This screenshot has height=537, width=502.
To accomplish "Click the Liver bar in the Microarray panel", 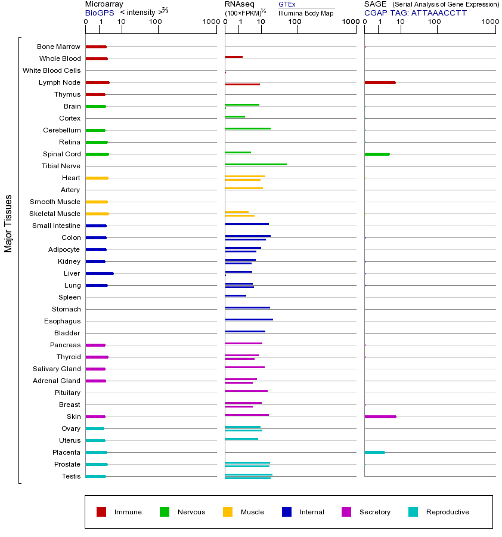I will click(x=100, y=273).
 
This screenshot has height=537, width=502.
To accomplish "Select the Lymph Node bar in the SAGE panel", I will click(x=380, y=82).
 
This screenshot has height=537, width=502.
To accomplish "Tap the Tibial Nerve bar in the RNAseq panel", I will click(x=256, y=164).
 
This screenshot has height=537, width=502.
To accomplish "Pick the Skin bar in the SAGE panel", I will click(x=380, y=416).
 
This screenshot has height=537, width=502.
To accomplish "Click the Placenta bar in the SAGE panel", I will click(x=374, y=452).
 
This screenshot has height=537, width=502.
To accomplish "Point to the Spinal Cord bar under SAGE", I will click(x=377, y=154).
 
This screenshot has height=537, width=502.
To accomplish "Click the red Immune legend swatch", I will click(x=101, y=512).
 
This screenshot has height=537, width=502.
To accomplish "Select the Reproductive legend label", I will click(x=447, y=512).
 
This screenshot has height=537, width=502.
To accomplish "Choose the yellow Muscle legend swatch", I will click(x=228, y=512).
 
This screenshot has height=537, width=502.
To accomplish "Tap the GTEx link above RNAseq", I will click(x=287, y=4).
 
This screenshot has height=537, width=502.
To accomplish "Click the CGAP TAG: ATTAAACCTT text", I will click(x=416, y=13).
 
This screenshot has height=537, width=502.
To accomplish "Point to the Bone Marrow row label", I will click(x=58, y=47).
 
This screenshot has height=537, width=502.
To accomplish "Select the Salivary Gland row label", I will click(x=57, y=369).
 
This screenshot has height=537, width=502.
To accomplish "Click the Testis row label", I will click(x=71, y=476).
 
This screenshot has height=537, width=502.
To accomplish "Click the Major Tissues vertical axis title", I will click(x=8, y=223).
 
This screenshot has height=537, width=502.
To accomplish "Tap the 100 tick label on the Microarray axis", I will click(x=156, y=22).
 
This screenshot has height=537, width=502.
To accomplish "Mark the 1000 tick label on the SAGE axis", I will click(x=490, y=22).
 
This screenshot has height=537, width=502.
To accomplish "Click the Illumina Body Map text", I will click(x=306, y=13).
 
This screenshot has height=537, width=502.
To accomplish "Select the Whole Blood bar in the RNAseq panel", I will click(x=234, y=57).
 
